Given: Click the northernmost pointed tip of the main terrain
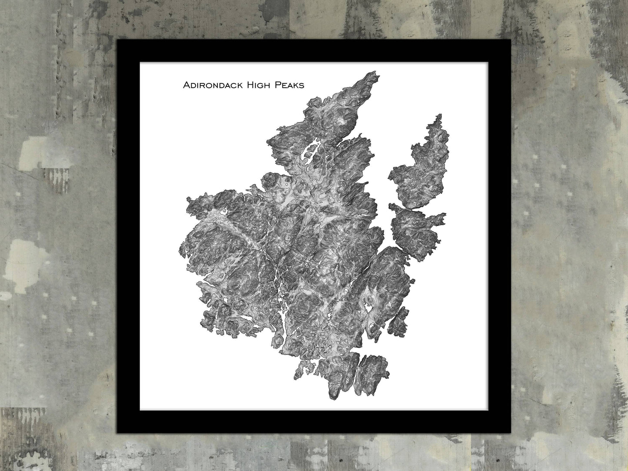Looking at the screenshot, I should coord(373,72).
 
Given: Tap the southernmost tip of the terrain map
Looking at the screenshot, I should coord(334,398).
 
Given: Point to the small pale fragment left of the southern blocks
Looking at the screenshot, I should coord(300,369).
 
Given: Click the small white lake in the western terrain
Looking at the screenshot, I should coord(224,212).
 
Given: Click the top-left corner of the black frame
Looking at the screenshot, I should coord(119,40).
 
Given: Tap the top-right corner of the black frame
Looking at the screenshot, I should coord(510,40).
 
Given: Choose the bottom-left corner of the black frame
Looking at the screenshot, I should coord(119,432).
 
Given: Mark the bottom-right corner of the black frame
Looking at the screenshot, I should coord(510,432).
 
